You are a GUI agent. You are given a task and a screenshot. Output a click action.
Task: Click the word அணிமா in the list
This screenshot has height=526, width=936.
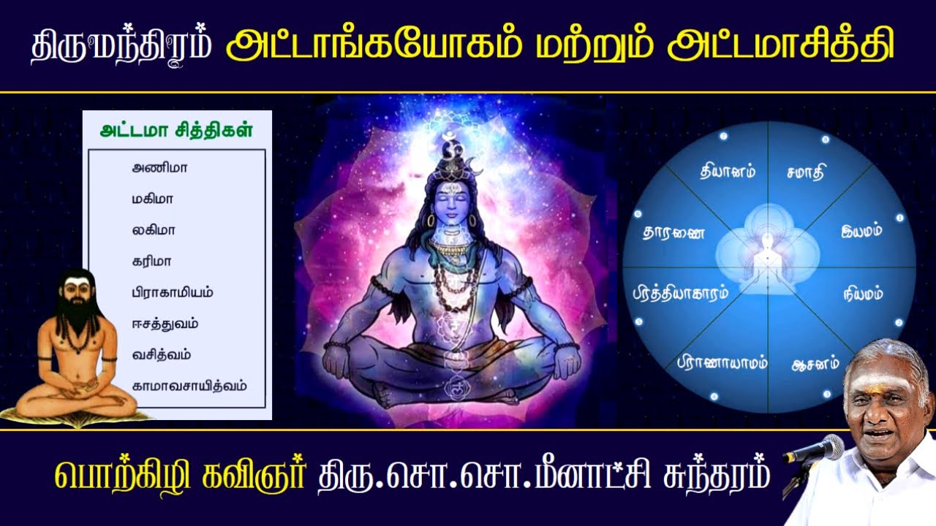coord(159,167)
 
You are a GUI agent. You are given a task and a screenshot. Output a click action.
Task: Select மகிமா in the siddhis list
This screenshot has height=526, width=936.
coord(153,199)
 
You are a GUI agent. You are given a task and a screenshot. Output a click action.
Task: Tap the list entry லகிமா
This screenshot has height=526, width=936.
coord(153,230)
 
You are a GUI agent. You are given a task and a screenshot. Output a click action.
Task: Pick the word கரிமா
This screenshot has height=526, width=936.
coord(151,261)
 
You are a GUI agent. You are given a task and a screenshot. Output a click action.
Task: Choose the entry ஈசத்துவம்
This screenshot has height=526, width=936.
coord(165,324)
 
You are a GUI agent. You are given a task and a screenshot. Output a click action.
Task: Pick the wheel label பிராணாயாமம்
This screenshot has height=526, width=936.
coord(721,361)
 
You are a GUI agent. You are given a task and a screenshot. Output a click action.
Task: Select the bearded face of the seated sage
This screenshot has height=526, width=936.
coord(75,296)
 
